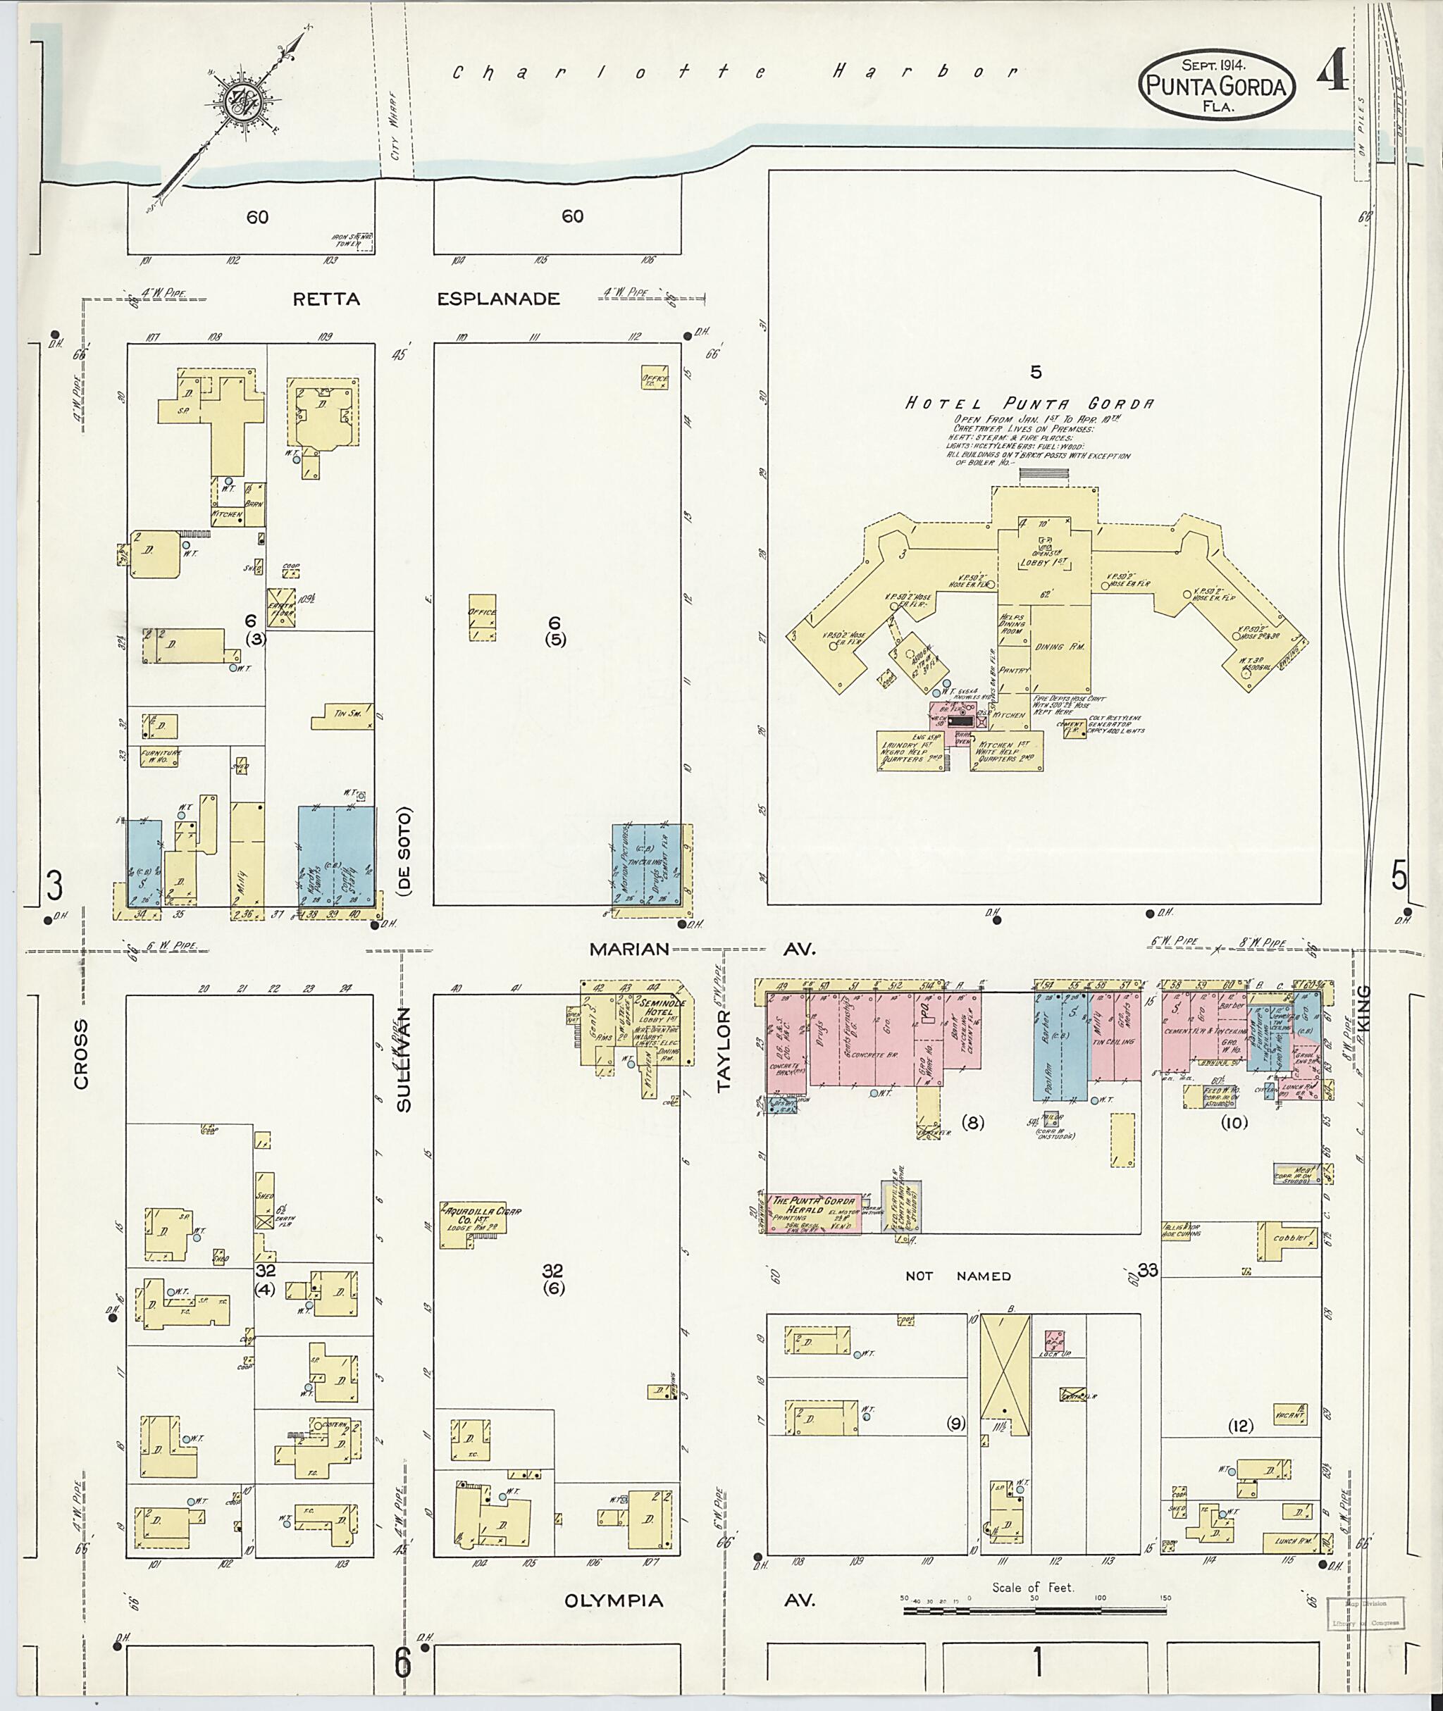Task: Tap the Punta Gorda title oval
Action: [x=1216, y=85]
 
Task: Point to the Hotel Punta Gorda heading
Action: [x=1029, y=403]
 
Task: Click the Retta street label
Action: [x=326, y=299]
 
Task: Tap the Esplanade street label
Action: [x=498, y=299]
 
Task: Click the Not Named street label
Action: [x=958, y=1275]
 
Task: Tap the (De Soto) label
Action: [x=407, y=851]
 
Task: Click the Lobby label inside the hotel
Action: [x=1043, y=564]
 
